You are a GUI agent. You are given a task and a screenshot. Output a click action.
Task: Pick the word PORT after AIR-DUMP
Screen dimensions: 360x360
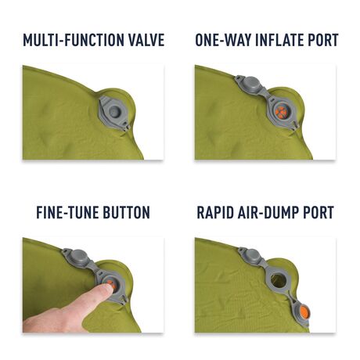pyautogui.click(x=320, y=213)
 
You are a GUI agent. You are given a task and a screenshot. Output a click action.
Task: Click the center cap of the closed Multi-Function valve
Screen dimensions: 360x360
pyautogui.click(x=117, y=113)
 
